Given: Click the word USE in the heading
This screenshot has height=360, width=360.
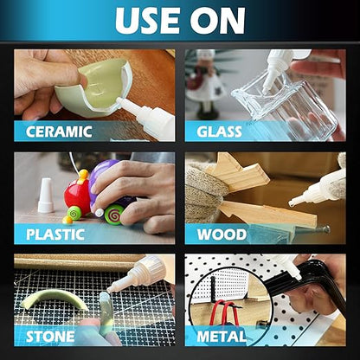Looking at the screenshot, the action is (x=147, y=21).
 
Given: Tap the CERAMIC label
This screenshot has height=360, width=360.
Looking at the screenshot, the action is (x=59, y=132).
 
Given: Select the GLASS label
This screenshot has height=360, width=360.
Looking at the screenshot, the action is (x=219, y=132).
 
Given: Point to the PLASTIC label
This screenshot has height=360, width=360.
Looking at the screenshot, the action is (x=55, y=235).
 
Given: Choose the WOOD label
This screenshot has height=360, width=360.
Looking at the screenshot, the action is (x=222, y=235).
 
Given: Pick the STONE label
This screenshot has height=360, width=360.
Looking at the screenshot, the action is (x=50, y=337).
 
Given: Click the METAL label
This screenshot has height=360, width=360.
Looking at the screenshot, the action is (x=222, y=337).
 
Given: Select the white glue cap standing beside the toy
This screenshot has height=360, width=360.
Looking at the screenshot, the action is (x=46, y=196).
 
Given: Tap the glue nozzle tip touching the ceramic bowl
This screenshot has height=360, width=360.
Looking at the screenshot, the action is (x=118, y=100).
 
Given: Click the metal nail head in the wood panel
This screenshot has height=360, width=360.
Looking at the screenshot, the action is (x=326, y=229).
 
